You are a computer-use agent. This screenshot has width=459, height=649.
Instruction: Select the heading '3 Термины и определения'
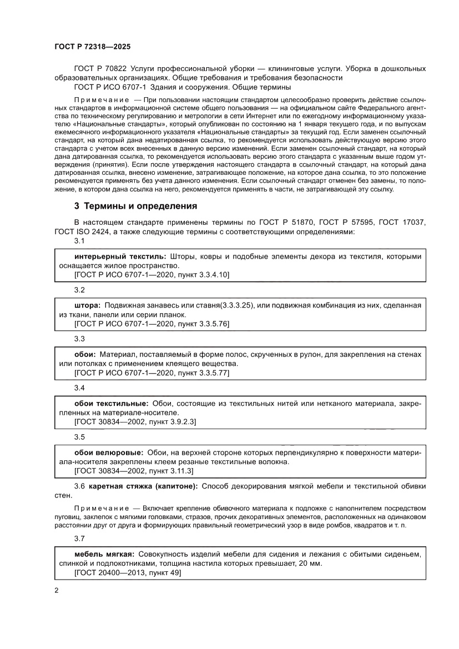(x=135, y=207)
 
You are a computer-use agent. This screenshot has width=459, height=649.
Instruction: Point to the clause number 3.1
(x=79, y=242)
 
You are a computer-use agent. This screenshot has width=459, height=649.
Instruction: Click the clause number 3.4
(x=79, y=388)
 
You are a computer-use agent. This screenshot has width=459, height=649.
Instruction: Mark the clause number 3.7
(x=79, y=539)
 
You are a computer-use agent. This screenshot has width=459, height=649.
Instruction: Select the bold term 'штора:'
(x=87, y=305)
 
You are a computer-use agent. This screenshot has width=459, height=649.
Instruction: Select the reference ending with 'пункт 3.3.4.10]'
(x=152, y=275)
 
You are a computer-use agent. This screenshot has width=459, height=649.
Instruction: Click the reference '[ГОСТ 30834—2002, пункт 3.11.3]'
(x=133, y=470)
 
